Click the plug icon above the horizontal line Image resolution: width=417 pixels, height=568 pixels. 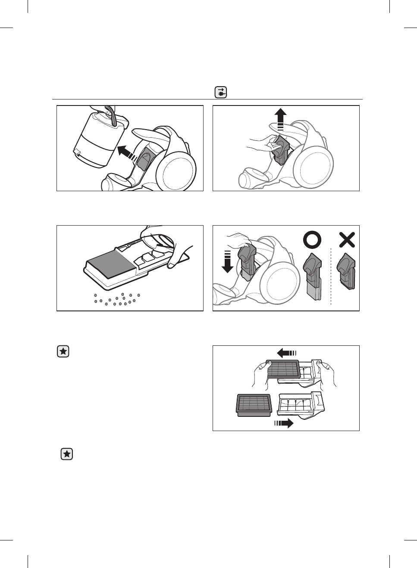(221, 93)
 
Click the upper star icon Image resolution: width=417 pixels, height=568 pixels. (63, 352)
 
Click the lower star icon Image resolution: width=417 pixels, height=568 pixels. (67, 454)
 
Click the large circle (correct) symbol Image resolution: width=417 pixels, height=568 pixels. (312, 239)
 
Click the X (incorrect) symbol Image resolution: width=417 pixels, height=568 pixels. (347, 239)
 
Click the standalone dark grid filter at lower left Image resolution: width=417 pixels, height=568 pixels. (254, 405)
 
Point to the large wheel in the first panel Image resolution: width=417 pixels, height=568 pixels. (178, 171)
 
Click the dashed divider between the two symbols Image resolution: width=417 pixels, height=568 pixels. (331, 276)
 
